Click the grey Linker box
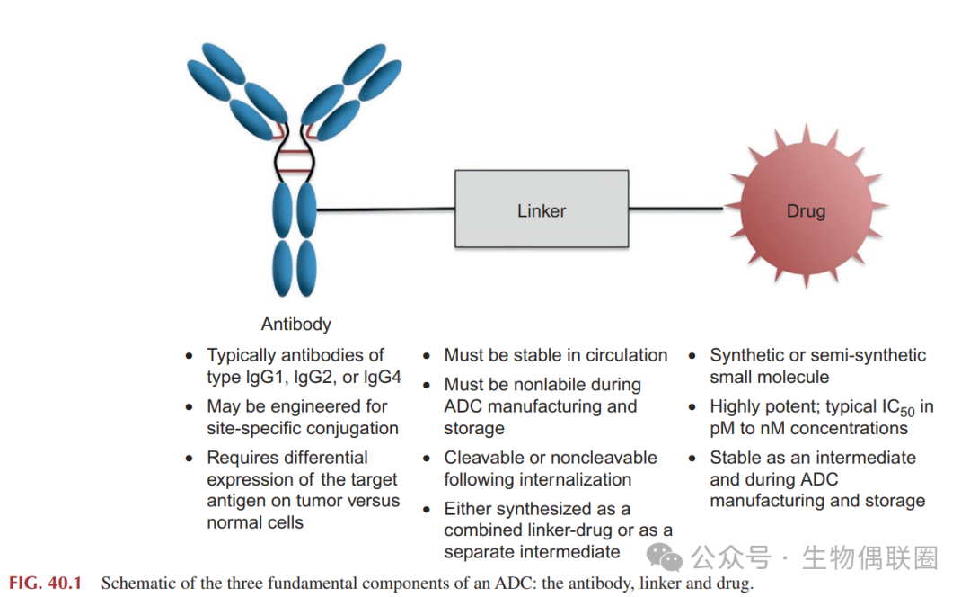542,209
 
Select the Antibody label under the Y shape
295,324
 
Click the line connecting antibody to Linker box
385,210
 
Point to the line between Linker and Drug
676,209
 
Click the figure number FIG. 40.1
45,583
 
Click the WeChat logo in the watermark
664,557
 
